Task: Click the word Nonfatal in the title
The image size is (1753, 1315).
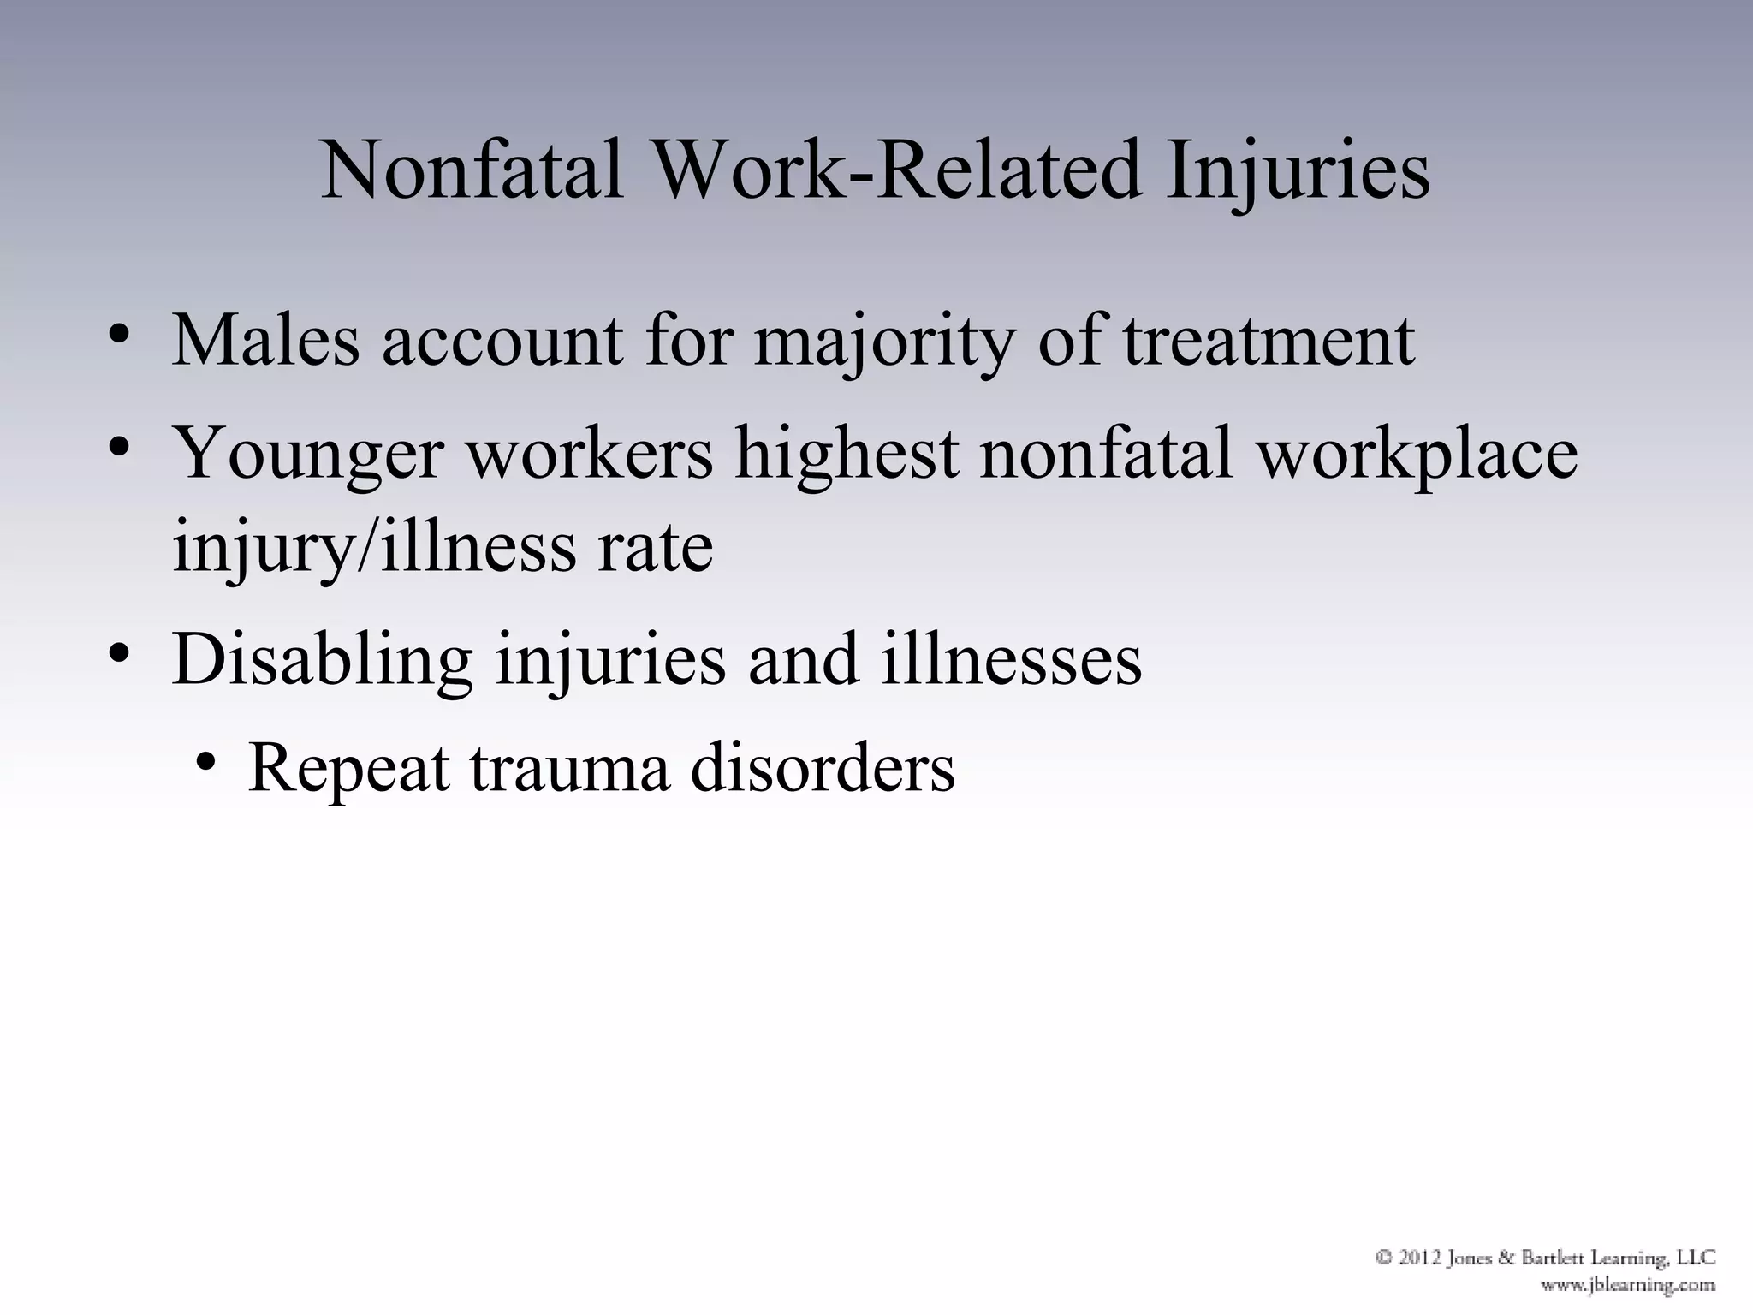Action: pos(472,170)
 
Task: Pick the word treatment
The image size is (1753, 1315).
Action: pos(1268,341)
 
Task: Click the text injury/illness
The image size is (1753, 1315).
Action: pos(374,548)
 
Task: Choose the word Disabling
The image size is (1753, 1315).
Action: pos(322,661)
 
